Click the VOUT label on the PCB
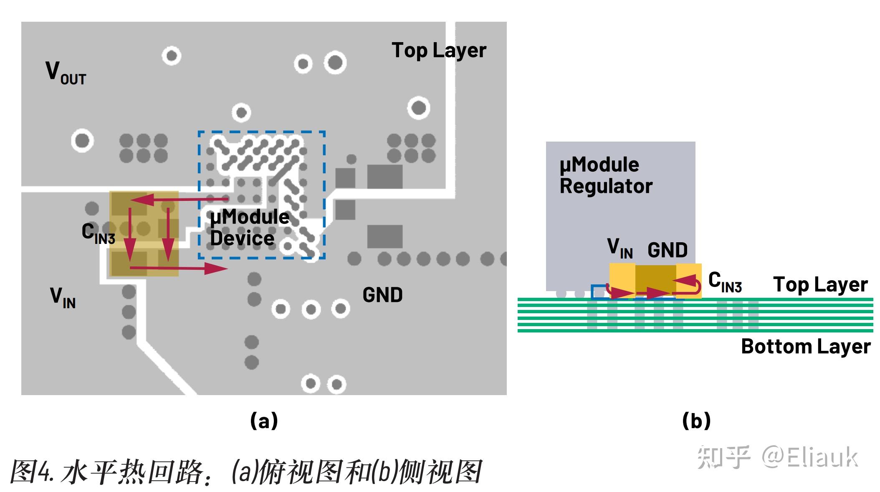tap(66, 73)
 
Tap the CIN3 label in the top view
tap(98, 233)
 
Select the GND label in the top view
tap(382, 295)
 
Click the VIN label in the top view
tap(63, 297)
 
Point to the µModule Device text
tap(250, 228)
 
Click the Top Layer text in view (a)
tap(439, 51)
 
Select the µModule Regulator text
tap(605, 175)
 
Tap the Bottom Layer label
tap(805, 347)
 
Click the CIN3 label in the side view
tap(725, 282)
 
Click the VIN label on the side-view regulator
tap(620, 249)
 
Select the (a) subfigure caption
tap(264, 420)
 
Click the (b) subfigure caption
tap(696, 420)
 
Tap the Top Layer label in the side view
tap(820, 285)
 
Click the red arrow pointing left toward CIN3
tap(180, 200)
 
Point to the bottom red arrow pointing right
tap(180, 268)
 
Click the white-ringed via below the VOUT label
tap(82, 141)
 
